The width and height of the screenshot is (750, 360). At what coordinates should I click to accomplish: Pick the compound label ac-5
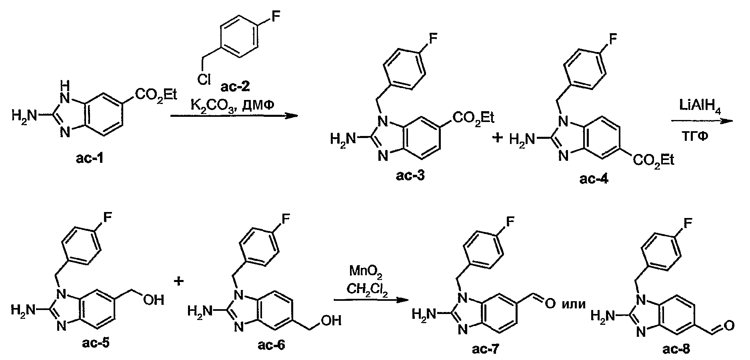(91, 343)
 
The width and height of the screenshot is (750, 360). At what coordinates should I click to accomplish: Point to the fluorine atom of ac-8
(686, 223)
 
